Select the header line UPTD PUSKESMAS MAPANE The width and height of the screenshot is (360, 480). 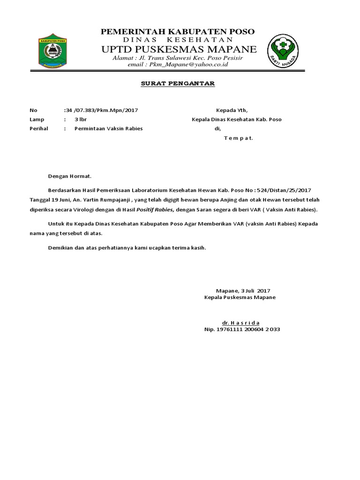coord(180,49)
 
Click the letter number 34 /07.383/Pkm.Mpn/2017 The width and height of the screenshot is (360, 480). coord(101,111)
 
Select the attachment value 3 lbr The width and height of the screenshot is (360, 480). coord(81,120)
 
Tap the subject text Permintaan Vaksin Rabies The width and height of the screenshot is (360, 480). coord(109,128)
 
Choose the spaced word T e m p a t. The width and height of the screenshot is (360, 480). coord(238,138)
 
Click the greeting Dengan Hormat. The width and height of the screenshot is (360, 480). coord(70,176)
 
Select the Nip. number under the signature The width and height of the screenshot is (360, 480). coord(242,330)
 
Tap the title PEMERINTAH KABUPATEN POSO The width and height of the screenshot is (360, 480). coord(178,31)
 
